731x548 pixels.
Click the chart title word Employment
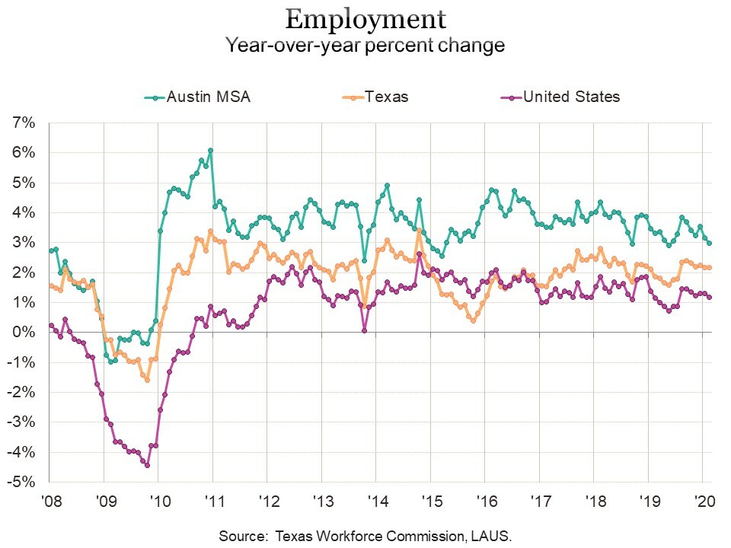(x=365, y=18)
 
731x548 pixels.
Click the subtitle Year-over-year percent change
(x=365, y=45)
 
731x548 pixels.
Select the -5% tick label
(x=24, y=483)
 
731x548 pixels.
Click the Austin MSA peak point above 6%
(x=210, y=151)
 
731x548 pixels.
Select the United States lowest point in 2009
(x=147, y=465)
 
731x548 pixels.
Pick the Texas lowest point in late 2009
(x=147, y=379)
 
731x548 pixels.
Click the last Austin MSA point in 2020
(x=710, y=243)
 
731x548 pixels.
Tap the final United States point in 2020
(x=710, y=297)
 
